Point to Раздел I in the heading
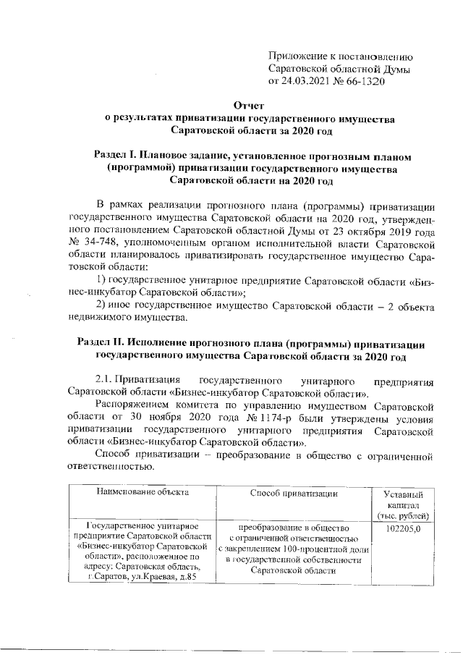(116, 156)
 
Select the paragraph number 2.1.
(109, 380)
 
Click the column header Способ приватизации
(294, 493)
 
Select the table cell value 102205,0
(401, 529)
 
